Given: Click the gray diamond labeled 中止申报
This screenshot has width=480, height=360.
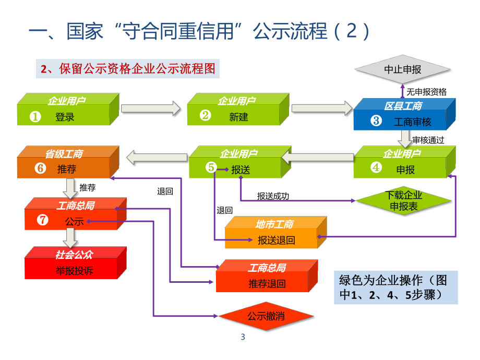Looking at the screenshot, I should pyautogui.click(x=402, y=70).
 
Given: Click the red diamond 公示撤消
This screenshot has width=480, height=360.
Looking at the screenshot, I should pyautogui.click(x=266, y=316).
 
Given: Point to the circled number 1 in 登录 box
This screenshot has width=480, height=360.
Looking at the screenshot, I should pyautogui.click(x=35, y=117).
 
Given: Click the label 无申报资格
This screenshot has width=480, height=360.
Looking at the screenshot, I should pyautogui.click(x=426, y=92).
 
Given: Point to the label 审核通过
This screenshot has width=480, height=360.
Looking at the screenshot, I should pyautogui.click(x=428, y=140).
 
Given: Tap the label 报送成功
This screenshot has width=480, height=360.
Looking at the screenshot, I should pyautogui.click(x=273, y=196).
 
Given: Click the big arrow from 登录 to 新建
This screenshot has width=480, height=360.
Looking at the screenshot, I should pyautogui.click(x=150, y=109).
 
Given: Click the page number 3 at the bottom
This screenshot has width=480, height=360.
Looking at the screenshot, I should pyautogui.click(x=243, y=337).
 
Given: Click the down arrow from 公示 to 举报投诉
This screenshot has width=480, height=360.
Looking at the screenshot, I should pyautogui.click(x=69, y=238).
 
